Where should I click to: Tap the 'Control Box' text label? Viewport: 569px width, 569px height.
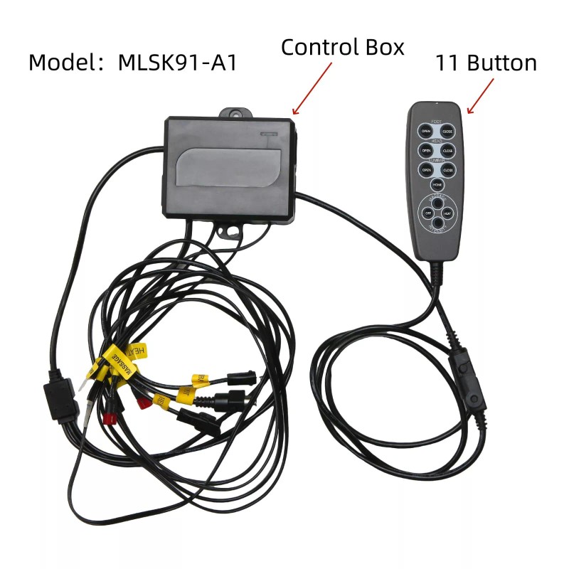pos(342,48)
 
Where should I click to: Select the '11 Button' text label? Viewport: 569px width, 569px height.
pos(486,63)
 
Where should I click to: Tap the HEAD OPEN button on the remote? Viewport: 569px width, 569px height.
pos(426,151)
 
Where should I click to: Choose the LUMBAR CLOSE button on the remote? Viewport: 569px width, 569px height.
pos(447,171)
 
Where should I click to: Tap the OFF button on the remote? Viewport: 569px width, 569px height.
pos(428,213)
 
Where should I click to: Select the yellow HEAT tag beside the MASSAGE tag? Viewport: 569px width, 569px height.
pos(137,351)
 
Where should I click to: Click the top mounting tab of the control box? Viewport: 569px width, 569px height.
pos(238,113)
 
